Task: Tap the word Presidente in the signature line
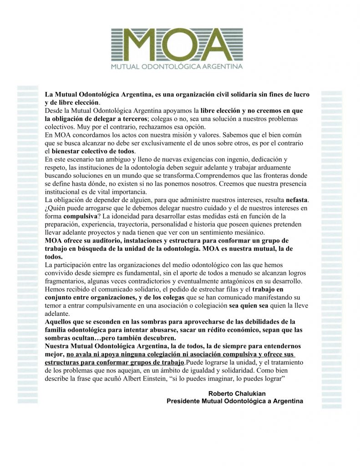coord(186,401)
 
